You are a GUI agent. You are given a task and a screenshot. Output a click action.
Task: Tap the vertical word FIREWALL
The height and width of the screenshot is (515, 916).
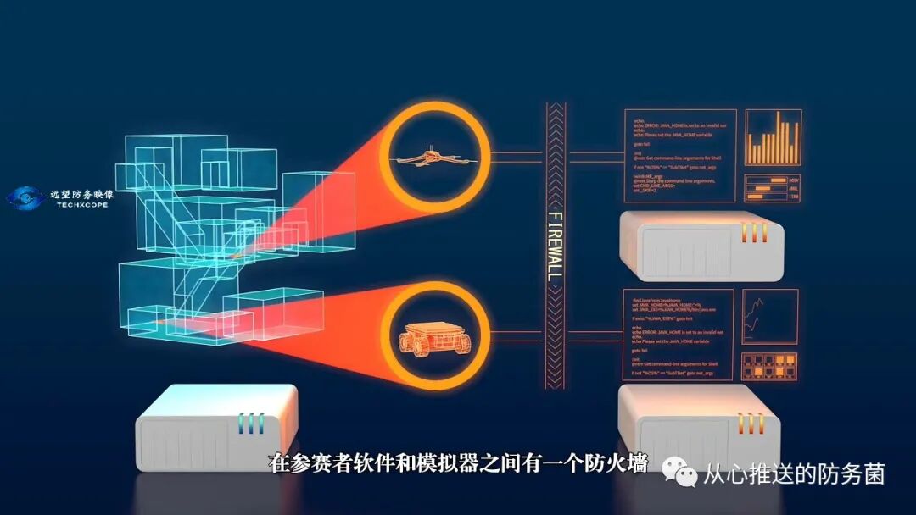coord(556,246)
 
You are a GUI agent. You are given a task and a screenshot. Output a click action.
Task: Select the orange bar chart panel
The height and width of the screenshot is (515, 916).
coord(773,137)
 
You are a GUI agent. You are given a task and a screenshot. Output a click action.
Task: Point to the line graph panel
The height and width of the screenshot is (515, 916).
coord(769,317)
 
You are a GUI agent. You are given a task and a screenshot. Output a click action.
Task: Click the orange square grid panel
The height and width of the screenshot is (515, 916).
coord(770,366)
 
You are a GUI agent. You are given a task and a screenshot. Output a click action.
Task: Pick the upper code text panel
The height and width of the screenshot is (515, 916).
coord(679,155)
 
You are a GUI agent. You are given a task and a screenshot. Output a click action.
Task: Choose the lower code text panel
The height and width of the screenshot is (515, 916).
coord(675,337)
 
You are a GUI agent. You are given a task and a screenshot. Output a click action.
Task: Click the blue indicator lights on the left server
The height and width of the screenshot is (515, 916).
coord(251,423)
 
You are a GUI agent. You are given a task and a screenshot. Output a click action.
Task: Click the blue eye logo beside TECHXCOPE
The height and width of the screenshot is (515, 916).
coord(24,199)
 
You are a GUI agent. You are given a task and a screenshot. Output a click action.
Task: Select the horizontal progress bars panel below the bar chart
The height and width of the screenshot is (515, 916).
coord(773,189)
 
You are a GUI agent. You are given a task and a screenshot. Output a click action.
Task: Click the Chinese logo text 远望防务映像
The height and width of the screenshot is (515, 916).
coord(81,193)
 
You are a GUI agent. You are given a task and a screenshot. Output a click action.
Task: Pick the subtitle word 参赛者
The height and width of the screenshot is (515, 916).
coord(318,463)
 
